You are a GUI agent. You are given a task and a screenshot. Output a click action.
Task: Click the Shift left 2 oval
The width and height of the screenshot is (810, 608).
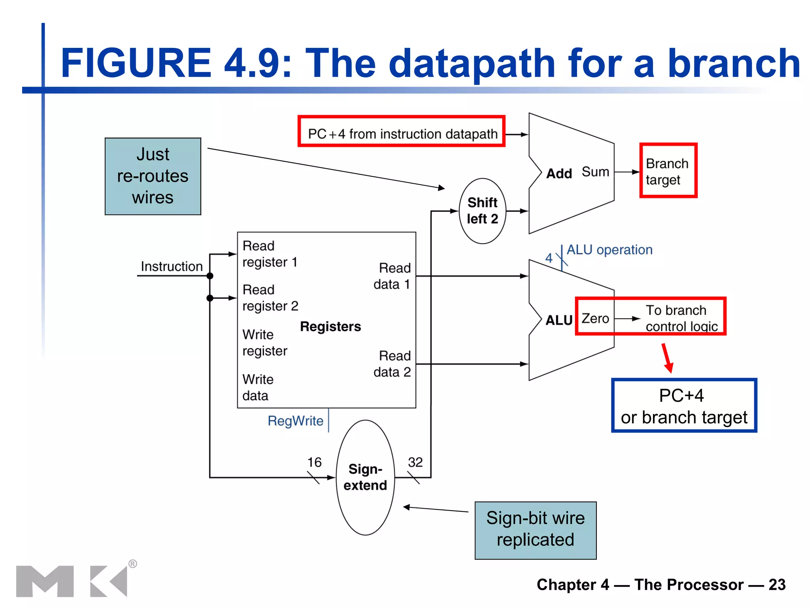click(x=482, y=211)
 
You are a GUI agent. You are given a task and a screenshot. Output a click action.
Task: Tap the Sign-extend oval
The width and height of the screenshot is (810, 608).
click(x=365, y=477)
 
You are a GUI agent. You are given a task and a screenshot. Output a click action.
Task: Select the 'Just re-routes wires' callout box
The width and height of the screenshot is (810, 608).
click(x=153, y=176)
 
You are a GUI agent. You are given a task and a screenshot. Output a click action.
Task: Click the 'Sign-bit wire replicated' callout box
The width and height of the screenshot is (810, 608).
click(x=535, y=530)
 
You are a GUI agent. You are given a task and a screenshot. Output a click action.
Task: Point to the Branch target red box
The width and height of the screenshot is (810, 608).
click(x=668, y=171)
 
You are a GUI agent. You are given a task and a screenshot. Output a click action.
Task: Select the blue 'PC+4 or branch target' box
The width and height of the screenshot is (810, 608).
click(x=684, y=406)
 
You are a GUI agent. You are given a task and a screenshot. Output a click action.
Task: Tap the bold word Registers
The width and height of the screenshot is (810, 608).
click(x=330, y=327)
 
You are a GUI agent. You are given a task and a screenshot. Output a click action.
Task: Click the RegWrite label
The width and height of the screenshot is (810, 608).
click(x=295, y=421)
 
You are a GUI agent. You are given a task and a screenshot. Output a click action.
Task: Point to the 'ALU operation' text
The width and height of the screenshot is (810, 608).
click(x=609, y=250)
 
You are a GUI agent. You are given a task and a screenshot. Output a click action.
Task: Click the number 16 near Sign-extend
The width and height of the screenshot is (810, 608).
click(x=314, y=462)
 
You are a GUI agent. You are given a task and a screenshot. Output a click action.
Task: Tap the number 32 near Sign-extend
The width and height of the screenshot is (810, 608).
click(x=415, y=462)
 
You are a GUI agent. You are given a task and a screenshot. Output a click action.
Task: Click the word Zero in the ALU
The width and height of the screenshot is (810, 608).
click(x=595, y=318)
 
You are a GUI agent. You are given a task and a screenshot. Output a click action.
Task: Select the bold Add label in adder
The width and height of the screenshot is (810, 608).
click(x=559, y=173)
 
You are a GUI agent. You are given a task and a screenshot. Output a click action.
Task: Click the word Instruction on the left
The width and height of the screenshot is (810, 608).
click(x=172, y=266)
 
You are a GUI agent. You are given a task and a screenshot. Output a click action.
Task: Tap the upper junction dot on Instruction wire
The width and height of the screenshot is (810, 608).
click(x=210, y=276)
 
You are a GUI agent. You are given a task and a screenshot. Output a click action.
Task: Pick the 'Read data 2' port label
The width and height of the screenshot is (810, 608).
click(x=392, y=364)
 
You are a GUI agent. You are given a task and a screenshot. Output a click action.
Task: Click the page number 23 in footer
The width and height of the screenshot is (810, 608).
click(x=777, y=585)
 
